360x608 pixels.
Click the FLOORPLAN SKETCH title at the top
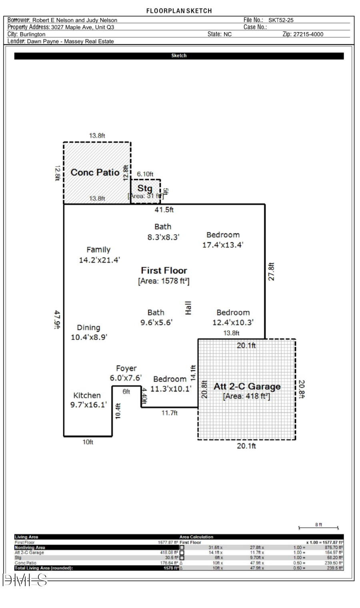coord(179,11)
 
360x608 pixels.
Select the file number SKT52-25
coord(281,20)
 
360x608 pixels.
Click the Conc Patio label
coord(95,172)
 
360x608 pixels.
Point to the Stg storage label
coord(145,188)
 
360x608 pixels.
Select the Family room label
coord(98,250)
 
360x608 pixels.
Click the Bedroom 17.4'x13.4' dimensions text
coord(222,245)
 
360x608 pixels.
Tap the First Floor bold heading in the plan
coord(164,271)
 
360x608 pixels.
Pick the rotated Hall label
coord(188,308)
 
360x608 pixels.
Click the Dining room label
coord(88,328)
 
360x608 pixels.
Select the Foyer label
coord(126,368)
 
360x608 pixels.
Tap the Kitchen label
coord(87,395)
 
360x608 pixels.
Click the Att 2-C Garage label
coord(247,386)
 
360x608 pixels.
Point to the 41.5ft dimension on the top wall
coord(164,210)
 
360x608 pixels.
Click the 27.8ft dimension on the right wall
coord(271,272)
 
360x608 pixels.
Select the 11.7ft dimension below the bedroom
coord(170,413)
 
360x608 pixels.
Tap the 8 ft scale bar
coord(318,527)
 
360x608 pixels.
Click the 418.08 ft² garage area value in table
coord(169,552)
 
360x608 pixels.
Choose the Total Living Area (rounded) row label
coord(44,568)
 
